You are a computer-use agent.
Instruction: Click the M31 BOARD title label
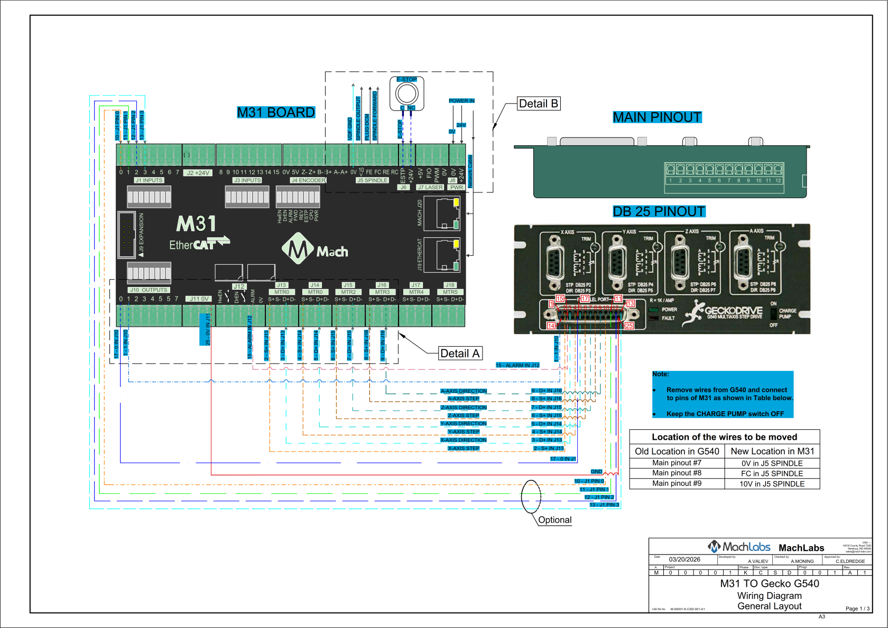click(x=275, y=113)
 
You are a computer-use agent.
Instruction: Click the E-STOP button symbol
click(x=406, y=94)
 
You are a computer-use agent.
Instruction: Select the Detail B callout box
click(x=538, y=104)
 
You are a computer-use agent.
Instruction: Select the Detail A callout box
click(x=460, y=354)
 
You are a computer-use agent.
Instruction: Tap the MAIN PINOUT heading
click(x=656, y=117)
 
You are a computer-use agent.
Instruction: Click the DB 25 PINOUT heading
click(x=659, y=211)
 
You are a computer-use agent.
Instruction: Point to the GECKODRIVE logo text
click(x=734, y=311)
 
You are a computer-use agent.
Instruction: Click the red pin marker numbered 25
click(x=629, y=326)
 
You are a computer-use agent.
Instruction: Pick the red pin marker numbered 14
click(x=551, y=326)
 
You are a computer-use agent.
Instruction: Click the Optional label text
click(x=554, y=520)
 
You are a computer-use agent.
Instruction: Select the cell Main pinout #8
click(x=677, y=473)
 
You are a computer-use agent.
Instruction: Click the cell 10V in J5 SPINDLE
click(x=772, y=484)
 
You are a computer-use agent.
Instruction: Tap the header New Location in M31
click(x=772, y=451)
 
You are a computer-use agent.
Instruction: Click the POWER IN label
click(x=461, y=100)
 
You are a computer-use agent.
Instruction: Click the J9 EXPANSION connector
click(x=127, y=235)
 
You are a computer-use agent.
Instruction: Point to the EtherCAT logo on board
click(x=198, y=244)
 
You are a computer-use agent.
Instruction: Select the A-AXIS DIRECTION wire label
click(x=464, y=391)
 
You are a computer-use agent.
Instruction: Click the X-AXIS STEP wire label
click(x=464, y=448)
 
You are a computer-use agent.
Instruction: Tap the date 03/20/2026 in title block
click(x=684, y=559)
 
